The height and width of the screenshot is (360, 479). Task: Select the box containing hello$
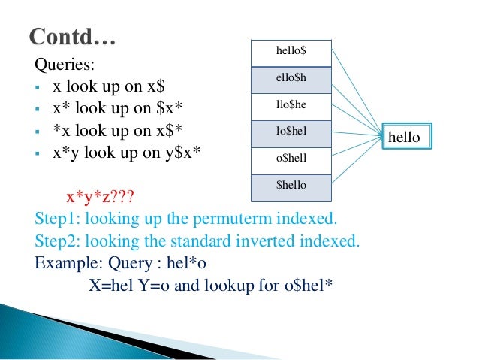[x=291, y=53]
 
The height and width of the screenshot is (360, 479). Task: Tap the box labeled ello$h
[x=291, y=79]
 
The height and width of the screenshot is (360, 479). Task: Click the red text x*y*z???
[x=101, y=198]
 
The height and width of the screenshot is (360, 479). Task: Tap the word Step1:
[x=58, y=220]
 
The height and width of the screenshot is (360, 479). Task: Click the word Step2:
[x=58, y=242]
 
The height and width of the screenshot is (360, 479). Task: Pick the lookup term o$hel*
[x=306, y=286]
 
